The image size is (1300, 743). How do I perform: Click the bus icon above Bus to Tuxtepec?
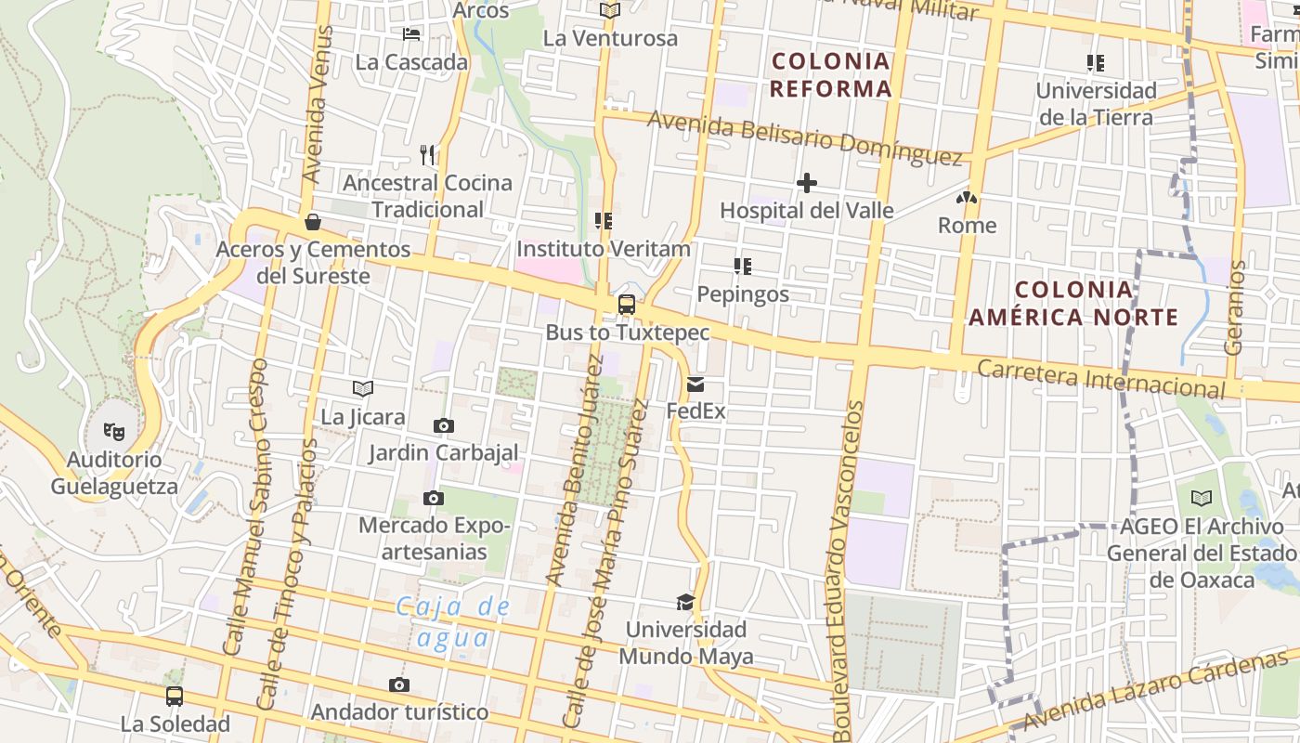(627, 304)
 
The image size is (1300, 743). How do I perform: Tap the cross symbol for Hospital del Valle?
(807, 183)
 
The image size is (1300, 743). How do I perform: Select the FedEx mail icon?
(695, 384)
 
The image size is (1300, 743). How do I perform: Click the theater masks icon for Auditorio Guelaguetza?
(114, 431)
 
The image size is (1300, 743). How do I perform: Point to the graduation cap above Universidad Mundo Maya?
(685, 602)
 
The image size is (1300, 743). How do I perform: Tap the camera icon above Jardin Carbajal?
(444, 425)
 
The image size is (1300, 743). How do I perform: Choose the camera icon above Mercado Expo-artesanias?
(433, 498)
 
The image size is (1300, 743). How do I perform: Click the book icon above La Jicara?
(363, 389)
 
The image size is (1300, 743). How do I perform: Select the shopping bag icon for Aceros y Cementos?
(313, 222)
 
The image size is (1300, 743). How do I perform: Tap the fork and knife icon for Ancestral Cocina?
(427, 154)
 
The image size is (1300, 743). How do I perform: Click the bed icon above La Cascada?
(411, 34)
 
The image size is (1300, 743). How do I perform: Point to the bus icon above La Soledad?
(175, 696)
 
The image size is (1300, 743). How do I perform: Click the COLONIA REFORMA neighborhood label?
(831, 75)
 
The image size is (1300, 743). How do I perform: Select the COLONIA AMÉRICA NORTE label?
(1073, 304)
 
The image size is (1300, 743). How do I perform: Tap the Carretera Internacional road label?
(1101, 379)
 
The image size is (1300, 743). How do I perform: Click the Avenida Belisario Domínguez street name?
(804, 138)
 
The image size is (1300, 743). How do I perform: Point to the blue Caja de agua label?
(453, 622)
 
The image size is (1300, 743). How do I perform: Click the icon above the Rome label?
(967, 198)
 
